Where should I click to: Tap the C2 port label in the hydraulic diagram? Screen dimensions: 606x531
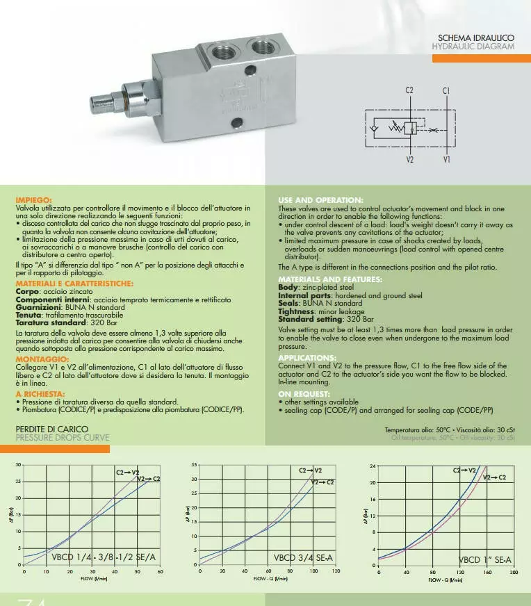point(409,90)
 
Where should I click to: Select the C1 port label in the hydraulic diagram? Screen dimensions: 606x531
point(446,90)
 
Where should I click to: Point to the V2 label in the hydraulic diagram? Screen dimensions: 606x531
point(409,159)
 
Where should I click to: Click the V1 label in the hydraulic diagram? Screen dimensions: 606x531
point(446,159)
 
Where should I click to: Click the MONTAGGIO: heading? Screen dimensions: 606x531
point(40,359)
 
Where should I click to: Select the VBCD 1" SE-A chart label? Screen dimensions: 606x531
point(485,559)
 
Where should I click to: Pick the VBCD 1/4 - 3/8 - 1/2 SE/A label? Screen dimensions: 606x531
point(104,557)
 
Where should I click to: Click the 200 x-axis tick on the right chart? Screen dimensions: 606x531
point(514,573)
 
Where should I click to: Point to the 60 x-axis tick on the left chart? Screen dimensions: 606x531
point(160,573)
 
